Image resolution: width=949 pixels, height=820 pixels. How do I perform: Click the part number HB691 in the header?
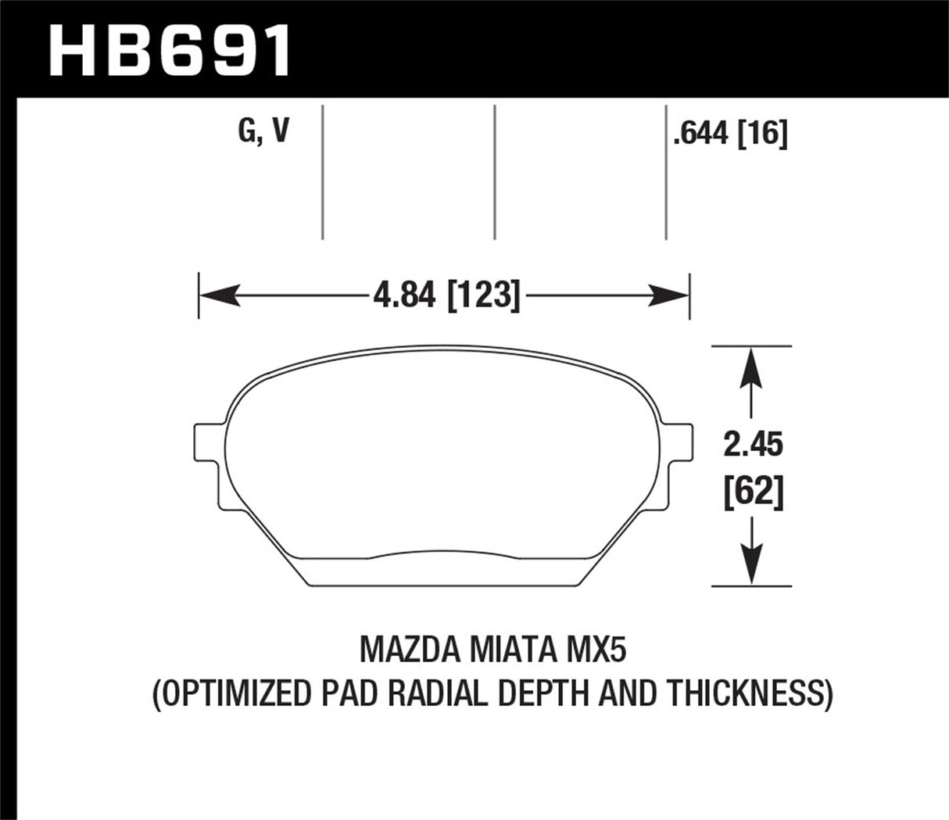pyautogui.click(x=170, y=49)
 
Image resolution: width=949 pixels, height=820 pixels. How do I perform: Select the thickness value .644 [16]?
pyautogui.click(x=729, y=135)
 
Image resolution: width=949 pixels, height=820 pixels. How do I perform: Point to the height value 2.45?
pyautogui.click(x=752, y=446)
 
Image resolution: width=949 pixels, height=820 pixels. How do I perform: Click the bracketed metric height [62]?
pyautogui.click(x=752, y=492)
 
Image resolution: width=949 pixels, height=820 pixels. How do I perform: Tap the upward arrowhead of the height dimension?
pyautogui.click(x=750, y=364)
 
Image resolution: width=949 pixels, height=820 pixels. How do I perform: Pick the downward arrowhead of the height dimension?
pyautogui.click(x=750, y=567)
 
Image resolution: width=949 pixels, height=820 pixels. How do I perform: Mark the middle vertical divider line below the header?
pyautogui.click(x=495, y=172)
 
